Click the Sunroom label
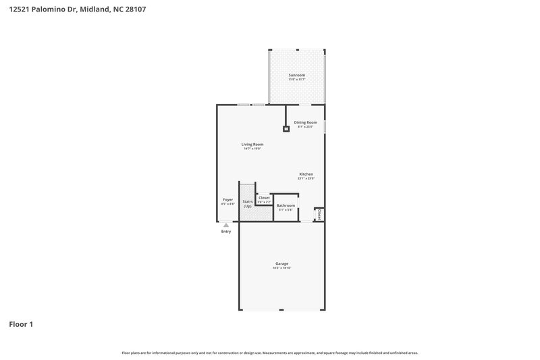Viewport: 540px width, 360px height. pos(297,74)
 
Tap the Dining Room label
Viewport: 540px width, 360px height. pos(305,122)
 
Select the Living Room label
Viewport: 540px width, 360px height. pos(252,144)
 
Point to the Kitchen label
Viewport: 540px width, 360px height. pos(306,174)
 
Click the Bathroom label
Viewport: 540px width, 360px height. pos(286,205)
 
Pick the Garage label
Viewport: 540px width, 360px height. pos(281,263)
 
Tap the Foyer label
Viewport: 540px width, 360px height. pos(228,199)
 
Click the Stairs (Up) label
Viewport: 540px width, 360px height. pos(248,203)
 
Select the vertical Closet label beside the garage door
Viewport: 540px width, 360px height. pos(319,214)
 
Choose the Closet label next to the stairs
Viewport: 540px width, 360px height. pos(264,198)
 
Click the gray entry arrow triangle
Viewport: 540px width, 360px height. pos(226,225)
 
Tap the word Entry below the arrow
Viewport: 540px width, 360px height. pos(226,232)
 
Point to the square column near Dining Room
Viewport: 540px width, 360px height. pos(286,128)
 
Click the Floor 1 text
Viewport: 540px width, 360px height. pos(21,324)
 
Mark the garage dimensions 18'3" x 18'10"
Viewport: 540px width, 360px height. pos(281,268)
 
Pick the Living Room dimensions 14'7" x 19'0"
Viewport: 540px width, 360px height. pos(252,149)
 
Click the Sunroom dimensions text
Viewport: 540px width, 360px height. pos(297,79)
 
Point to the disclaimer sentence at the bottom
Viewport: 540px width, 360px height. pos(270,353)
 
